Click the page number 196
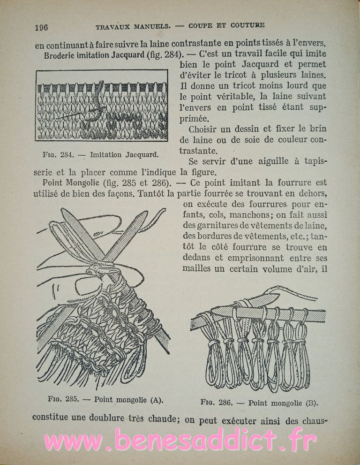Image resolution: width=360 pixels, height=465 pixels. coord(41,27)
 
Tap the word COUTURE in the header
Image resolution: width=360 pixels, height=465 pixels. coord(248,25)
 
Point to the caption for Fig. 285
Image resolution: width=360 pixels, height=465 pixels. coord(105,400)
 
